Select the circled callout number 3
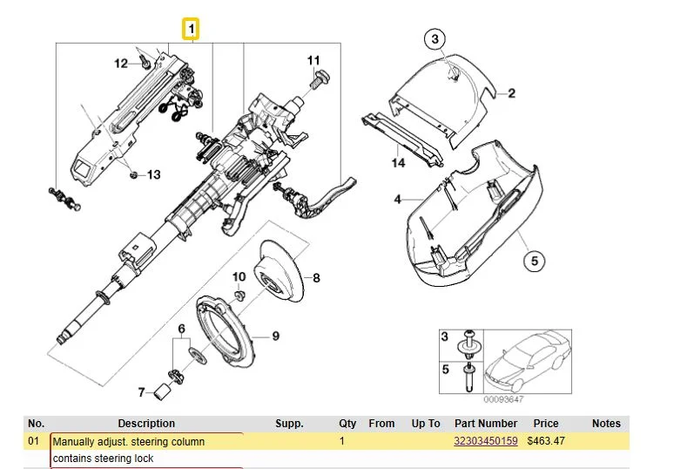435,38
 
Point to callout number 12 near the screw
122,62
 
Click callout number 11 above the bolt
313,59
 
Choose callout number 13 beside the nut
153,175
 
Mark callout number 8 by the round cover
316,279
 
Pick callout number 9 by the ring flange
275,336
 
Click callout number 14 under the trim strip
398,163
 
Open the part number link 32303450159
486,441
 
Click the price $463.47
546,441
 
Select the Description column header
146,424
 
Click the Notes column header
606,424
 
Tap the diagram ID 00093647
503,399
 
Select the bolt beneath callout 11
318,79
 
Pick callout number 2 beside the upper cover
512,93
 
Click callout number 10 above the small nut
239,277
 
